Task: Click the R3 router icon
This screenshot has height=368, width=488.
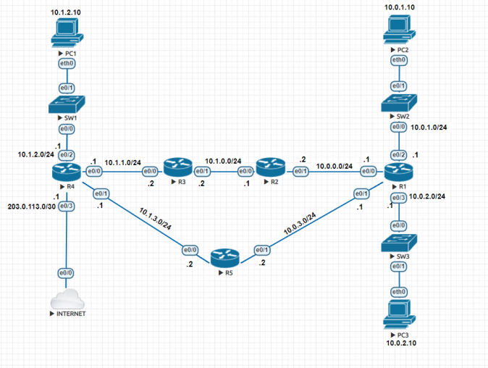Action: (175, 168)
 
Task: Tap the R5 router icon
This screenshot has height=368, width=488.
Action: (224, 256)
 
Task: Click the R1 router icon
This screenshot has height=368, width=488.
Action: (398, 172)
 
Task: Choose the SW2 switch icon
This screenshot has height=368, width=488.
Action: (398, 102)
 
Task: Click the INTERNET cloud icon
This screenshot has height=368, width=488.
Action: (67, 298)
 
